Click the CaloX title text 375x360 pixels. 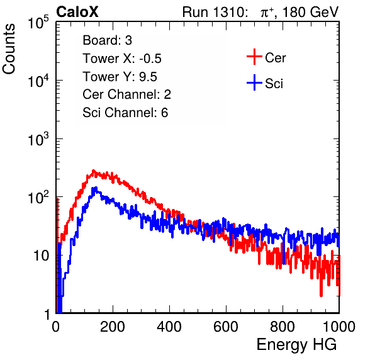[77, 11]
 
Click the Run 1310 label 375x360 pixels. [215, 12]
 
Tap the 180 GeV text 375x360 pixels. [310, 12]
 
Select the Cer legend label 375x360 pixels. [275, 58]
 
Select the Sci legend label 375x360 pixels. [274, 84]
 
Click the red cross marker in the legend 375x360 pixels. [254, 57]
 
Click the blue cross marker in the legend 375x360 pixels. [254, 82]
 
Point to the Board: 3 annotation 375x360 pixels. [107, 40]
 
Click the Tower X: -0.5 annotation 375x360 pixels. [122, 59]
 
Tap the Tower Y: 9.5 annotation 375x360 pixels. [120, 77]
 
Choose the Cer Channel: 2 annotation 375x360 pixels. [126, 94]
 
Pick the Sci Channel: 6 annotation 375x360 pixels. [125, 113]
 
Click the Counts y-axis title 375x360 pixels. [9, 49]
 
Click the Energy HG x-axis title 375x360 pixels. [296, 345]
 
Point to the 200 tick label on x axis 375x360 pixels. [113, 327]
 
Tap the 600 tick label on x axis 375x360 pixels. [226, 327]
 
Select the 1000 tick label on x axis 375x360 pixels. [339, 327]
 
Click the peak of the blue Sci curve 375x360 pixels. [96, 188]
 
